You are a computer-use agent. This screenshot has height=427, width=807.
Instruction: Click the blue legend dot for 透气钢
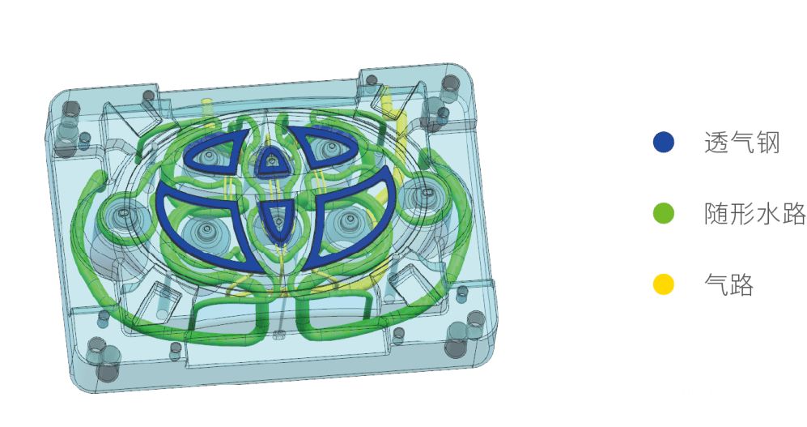(664, 142)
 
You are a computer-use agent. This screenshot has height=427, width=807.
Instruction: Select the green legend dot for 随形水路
(664, 213)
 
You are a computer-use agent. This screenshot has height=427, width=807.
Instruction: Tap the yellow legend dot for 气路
(664, 284)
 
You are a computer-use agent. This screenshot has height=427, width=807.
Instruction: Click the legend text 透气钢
(741, 143)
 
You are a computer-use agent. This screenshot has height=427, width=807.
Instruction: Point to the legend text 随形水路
(754, 213)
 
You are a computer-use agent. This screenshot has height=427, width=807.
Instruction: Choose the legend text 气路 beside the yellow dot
(728, 284)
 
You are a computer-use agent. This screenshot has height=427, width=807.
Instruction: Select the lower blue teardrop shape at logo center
(278, 220)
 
